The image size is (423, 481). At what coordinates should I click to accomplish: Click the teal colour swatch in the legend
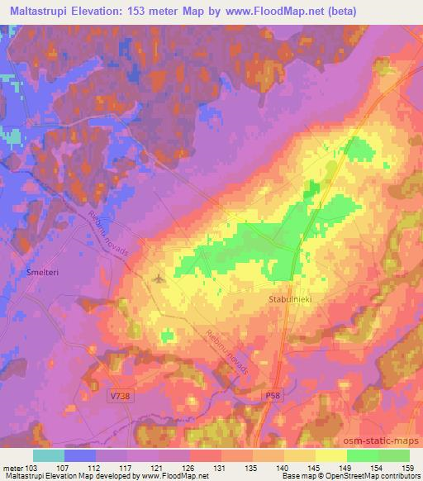[x=49, y=455]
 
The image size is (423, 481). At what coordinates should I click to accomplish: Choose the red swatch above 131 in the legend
[x=204, y=455]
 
